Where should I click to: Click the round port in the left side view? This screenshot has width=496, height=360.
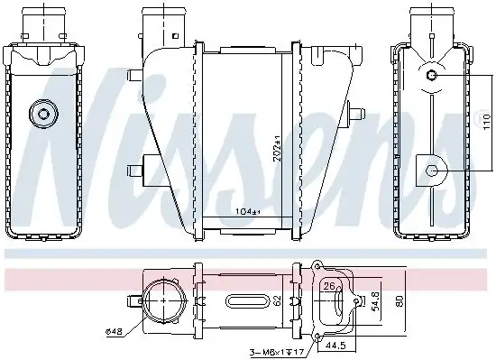coord(41,114)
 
